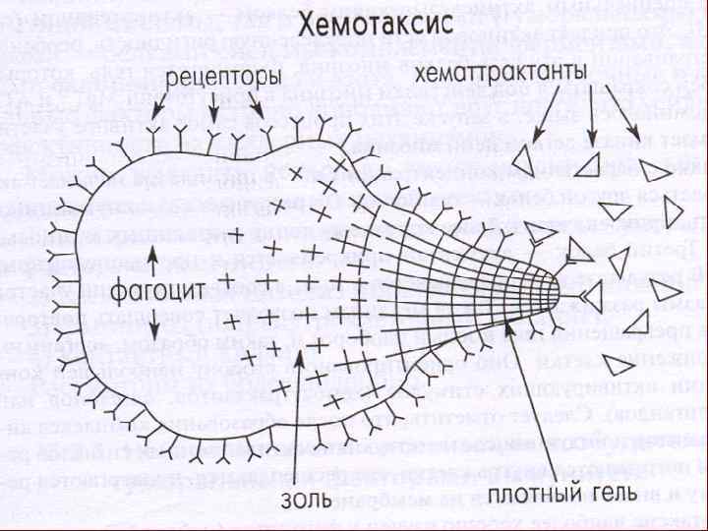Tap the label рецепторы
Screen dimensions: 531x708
[x=216, y=76]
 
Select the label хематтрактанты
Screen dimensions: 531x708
[x=503, y=76]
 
